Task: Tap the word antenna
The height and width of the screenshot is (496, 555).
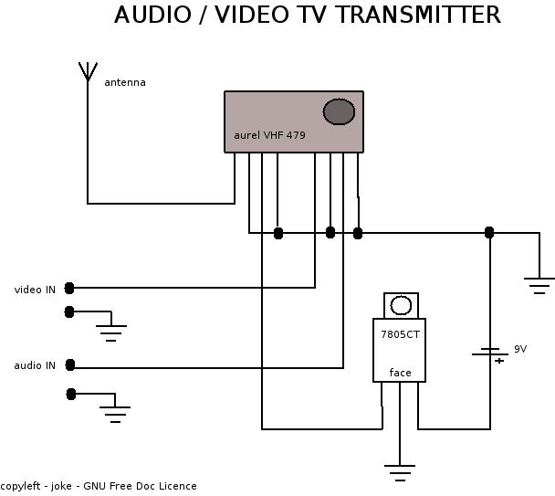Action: pyautogui.click(x=125, y=82)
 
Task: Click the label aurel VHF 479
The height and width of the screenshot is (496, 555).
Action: pyautogui.click(x=270, y=135)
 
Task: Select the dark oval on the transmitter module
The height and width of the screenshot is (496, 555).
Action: pyautogui.click(x=339, y=111)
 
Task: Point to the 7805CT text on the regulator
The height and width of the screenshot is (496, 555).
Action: pyautogui.click(x=400, y=335)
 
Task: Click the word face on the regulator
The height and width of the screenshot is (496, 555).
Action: pyautogui.click(x=400, y=372)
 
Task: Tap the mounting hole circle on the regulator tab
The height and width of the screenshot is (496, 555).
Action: pyautogui.click(x=401, y=305)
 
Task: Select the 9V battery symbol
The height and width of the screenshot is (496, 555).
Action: pyautogui.click(x=490, y=353)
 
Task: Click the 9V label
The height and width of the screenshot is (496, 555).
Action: pyautogui.click(x=520, y=349)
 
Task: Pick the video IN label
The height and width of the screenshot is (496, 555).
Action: pyautogui.click(x=35, y=290)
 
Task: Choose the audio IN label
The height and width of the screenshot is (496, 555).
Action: pyautogui.click(x=35, y=365)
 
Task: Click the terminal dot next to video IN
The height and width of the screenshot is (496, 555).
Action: pyautogui.click(x=69, y=289)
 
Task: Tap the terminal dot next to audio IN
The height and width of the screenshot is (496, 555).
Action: pyautogui.click(x=70, y=365)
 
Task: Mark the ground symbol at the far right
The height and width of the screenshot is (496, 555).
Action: pyautogui.click(x=539, y=286)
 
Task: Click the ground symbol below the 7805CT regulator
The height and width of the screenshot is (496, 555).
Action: pyautogui.click(x=399, y=472)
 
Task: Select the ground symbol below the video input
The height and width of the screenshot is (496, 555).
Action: pyautogui.click(x=111, y=332)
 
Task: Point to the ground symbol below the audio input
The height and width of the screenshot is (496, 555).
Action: pyautogui.click(x=115, y=414)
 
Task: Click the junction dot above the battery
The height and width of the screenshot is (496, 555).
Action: pyautogui.click(x=489, y=232)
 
